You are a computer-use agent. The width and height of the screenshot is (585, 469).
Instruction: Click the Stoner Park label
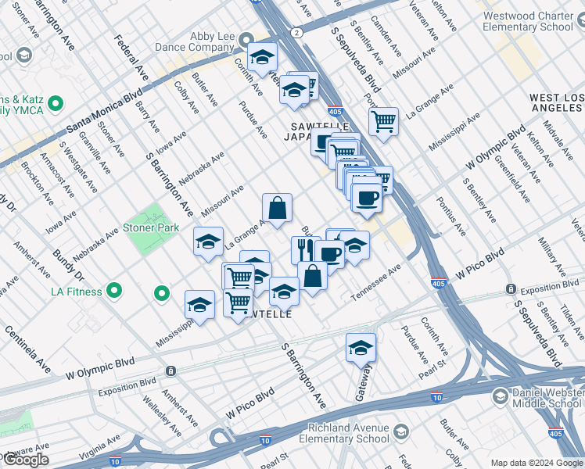[x=151, y=228]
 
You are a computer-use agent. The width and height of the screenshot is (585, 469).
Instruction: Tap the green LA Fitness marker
[x=114, y=292]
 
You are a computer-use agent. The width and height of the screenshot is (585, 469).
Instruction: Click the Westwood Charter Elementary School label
[x=528, y=21]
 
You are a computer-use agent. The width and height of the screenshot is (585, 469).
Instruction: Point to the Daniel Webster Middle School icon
[x=498, y=398]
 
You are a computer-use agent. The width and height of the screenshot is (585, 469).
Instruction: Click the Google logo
[x=26, y=460]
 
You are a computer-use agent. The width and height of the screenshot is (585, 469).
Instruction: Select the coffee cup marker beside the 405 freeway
[x=365, y=197]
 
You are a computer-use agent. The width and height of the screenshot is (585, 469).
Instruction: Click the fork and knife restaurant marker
[x=302, y=249]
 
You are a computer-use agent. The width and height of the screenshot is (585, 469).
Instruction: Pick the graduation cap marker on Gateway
[x=361, y=348]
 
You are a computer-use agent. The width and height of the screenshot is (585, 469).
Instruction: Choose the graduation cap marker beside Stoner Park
[x=208, y=242]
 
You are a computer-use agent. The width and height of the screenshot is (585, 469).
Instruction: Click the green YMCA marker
[x=55, y=103]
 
